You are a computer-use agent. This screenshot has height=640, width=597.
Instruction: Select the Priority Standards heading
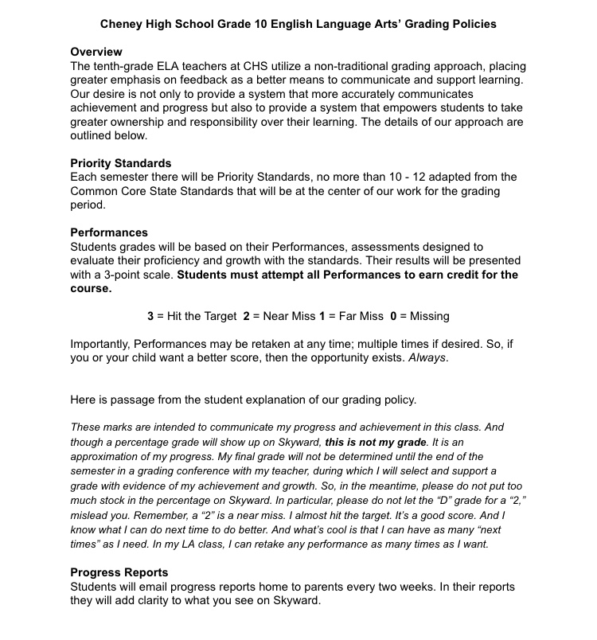[121, 163]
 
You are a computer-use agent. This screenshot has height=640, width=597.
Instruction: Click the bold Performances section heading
[109, 232]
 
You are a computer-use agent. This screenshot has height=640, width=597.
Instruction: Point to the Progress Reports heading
[119, 572]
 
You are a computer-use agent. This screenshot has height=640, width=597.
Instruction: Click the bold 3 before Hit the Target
[150, 316]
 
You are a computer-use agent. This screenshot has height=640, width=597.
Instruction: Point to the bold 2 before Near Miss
[246, 316]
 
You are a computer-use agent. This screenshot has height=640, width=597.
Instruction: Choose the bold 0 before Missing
[393, 316]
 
